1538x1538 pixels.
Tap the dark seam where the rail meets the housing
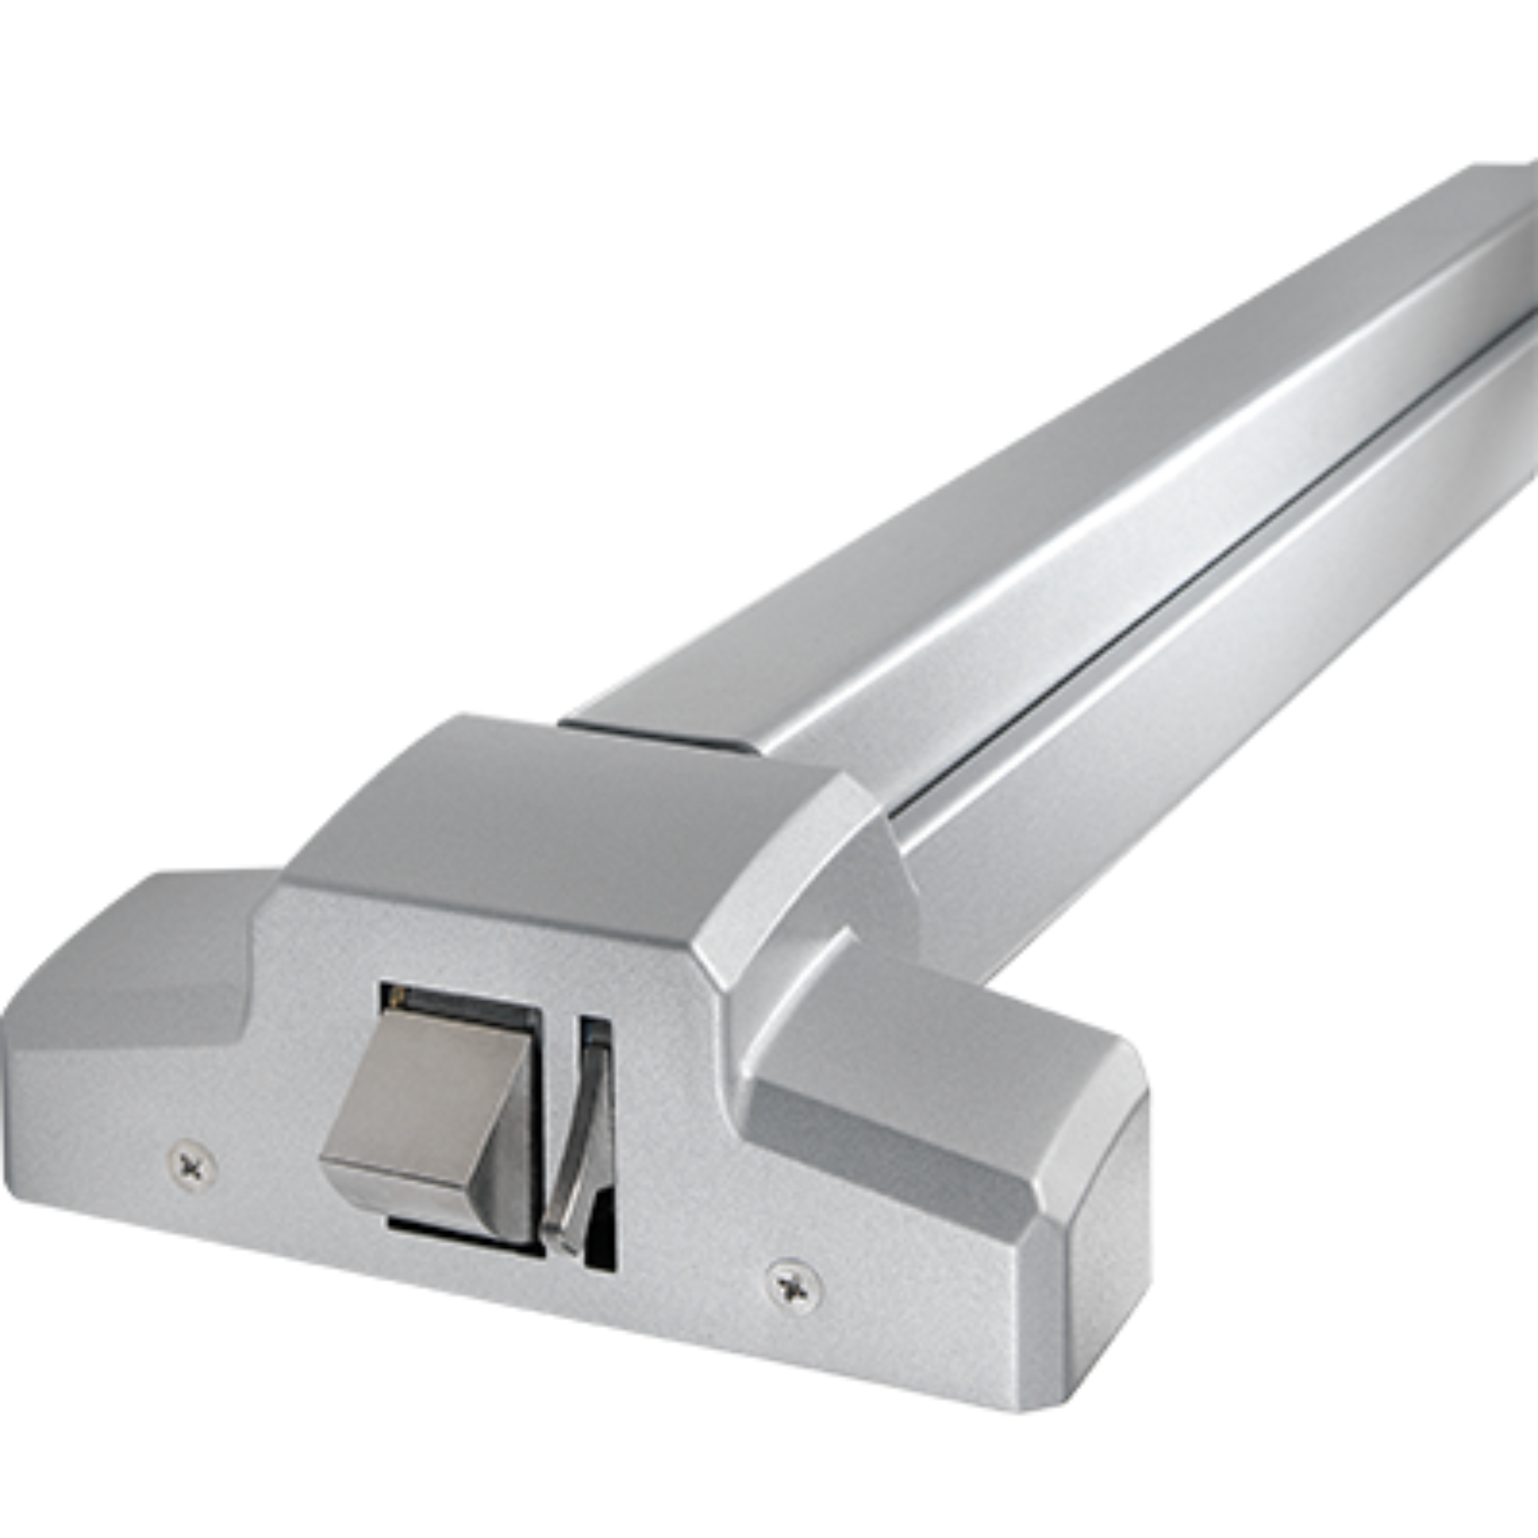point(661,733)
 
